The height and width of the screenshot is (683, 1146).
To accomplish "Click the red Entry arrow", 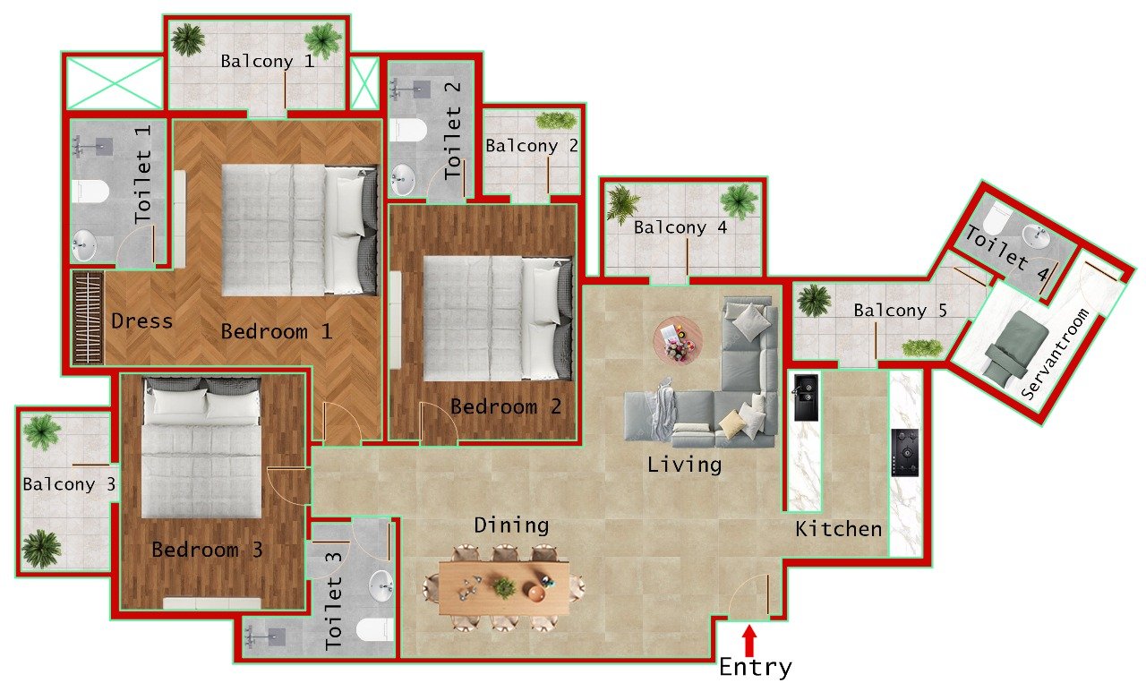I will (x=749, y=641).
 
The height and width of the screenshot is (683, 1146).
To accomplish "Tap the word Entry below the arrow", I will (x=756, y=668).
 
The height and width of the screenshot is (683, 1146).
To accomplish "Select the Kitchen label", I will (x=839, y=530).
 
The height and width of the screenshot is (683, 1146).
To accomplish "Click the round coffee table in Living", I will (x=678, y=339).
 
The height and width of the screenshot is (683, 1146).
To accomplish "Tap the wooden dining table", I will (x=504, y=587).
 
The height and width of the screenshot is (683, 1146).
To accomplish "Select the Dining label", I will (x=511, y=525).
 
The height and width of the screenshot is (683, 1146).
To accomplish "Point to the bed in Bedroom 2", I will (x=497, y=318).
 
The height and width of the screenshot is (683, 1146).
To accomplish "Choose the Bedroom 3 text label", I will (x=207, y=551).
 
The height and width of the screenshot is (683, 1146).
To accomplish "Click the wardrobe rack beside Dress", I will (x=87, y=317).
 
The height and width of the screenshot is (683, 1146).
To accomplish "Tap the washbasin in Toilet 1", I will (x=85, y=243).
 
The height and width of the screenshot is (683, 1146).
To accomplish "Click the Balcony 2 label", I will (x=533, y=146).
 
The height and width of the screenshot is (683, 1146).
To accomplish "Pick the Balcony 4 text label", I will (x=680, y=228).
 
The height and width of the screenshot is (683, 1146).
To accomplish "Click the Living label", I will (x=684, y=465).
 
